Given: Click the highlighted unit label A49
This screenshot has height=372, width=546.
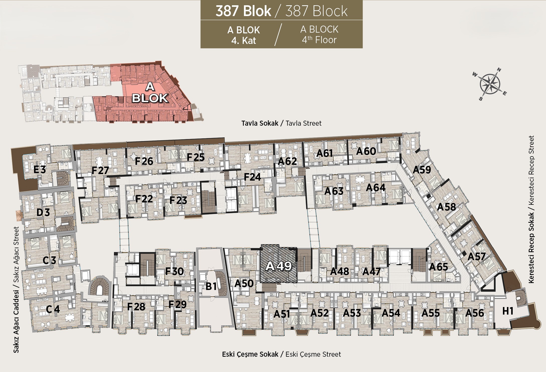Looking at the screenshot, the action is tap(279, 266).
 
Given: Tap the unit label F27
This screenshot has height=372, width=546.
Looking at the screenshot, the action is tap(100, 171).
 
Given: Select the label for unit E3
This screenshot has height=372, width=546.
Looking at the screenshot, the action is tap(40, 170).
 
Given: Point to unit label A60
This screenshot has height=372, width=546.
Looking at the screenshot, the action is tap(366, 151).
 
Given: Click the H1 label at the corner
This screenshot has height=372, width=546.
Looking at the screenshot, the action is tap(508, 311).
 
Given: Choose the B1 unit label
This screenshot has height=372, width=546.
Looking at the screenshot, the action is tap(211, 286).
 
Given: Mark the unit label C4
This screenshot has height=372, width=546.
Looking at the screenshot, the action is tap(53, 309).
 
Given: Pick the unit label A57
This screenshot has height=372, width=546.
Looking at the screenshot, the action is tap(477, 257).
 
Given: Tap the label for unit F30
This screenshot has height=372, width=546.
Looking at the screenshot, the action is tap(175, 271).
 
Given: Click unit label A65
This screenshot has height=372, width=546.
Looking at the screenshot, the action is tap(439, 267).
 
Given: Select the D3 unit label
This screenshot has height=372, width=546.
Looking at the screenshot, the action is tap(43, 212).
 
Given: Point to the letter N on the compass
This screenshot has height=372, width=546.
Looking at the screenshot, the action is tap(499, 70).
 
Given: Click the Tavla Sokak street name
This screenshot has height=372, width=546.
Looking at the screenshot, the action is tap(260, 123).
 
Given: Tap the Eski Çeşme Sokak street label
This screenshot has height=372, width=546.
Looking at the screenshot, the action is tap(250, 354).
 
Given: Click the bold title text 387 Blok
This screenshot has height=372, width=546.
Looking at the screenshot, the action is tap(243, 11).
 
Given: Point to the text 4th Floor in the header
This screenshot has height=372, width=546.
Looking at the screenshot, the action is tap(319, 40).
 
